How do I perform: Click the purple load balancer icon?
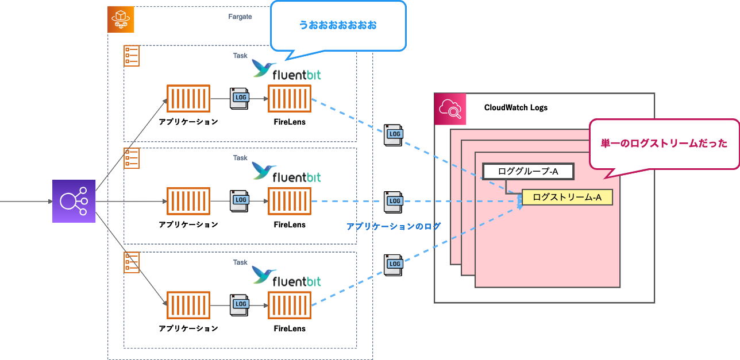pyautogui.click(x=74, y=201)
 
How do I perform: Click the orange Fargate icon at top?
pyautogui.click(x=121, y=20)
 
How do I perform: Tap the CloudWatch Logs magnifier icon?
pyautogui.click(x=450, y=109)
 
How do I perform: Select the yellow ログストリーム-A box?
pyautogui.click(x=567, y=198)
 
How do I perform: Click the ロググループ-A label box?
pyautogui.click(x=528, y=171)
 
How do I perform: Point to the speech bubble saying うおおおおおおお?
pyautogui.click(x=338, y=25)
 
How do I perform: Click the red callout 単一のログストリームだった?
pyautogui.click(x=664, y=144)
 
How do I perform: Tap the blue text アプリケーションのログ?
pyautogui.click(x=394, y=227)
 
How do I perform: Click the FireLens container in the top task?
pyautogui.click(x=290, y=99)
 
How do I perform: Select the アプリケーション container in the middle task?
pyautogui.click(x=188, y=202)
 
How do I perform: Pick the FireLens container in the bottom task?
pyautogui.click(x=290, y=305)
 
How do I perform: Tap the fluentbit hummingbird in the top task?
pyautogui.click(x=264, y=69)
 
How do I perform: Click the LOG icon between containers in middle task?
pyautogui.click(x=240, y=201)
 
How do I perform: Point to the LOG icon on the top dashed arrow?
pyautogui.click(x=394, y=134)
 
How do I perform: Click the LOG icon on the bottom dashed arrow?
pyautogui.click(x=394, y=264)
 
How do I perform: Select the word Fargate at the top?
pyautogui.click(x=240, y=17)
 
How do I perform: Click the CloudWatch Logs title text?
pyautogui.click(x=515, y=107)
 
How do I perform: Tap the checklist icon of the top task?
pyautogui.click(x=132, y=56)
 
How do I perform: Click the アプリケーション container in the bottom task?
pyautogui.click(x=188, y=305)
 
